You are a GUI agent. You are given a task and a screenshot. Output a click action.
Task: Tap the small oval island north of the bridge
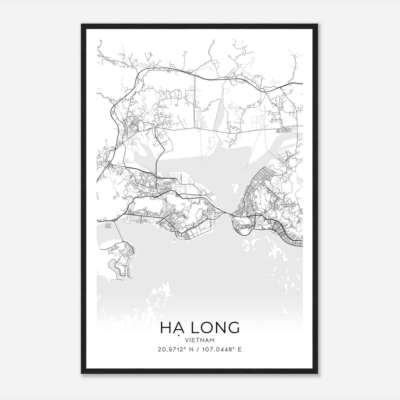pos(234,186)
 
